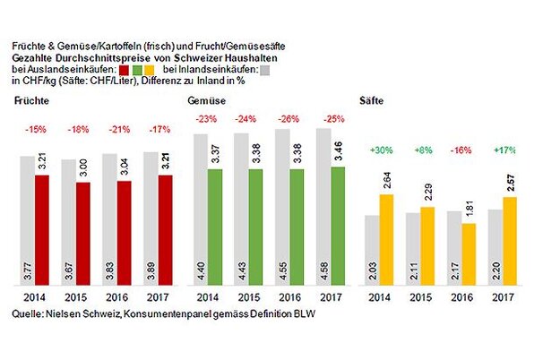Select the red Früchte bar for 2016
point(125,231)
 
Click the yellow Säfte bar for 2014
point(385,237)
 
